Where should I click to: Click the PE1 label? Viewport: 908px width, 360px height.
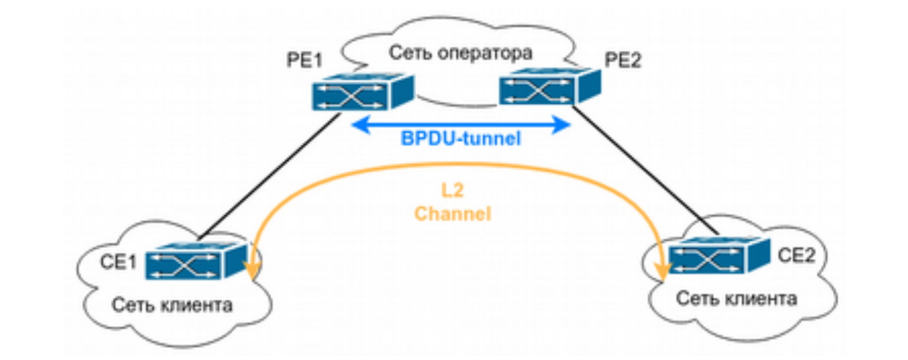tap(304, 60)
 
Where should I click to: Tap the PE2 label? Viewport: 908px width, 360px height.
tap(623, 60)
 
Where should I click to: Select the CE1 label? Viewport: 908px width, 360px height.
tap(118, 262)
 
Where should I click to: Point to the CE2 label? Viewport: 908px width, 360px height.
tap(797, 255)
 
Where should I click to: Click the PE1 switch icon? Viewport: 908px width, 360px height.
tap(363, 92)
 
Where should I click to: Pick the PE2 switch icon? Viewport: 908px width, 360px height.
tap(550, 86)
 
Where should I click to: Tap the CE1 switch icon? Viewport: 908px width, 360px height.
tap(197, 261)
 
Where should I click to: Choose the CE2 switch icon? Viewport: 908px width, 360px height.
tap(719, 256)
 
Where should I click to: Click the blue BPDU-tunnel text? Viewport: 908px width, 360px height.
tap(461, 139)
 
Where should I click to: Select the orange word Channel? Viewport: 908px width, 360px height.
tap(452, 214)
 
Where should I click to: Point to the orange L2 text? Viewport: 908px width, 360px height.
tap(452, 190)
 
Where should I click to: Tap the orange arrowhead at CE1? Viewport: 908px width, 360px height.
tap(252, 270)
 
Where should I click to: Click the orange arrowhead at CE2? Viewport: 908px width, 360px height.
tap(663, 272)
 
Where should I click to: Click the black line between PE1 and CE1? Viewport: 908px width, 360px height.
tap(270, 176)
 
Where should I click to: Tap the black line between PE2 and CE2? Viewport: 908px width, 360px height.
tap(645, 170)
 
